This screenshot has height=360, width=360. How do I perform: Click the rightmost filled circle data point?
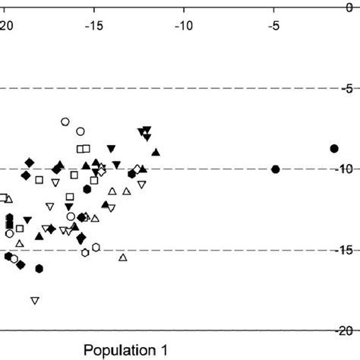coord(333,148)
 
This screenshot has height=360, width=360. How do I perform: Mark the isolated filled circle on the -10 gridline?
coord(276,169)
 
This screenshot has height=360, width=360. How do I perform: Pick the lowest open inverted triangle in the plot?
coord(35,301)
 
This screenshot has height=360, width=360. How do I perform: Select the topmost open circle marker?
coord(65,122)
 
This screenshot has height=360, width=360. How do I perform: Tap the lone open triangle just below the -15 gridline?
coord(123,257)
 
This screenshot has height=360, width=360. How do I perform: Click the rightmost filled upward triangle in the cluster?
coord(156,153)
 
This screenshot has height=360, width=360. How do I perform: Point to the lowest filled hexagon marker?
coord(39,268)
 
